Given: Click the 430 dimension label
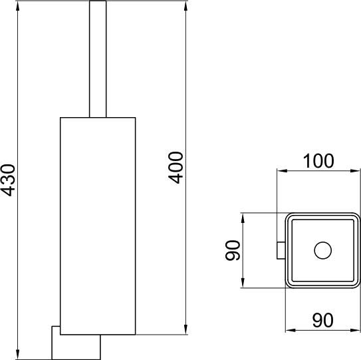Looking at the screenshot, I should point(9,180).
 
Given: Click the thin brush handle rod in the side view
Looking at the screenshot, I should point(97,60).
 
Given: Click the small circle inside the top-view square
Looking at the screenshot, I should point(322,250).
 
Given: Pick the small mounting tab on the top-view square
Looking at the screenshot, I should point(280,250).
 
